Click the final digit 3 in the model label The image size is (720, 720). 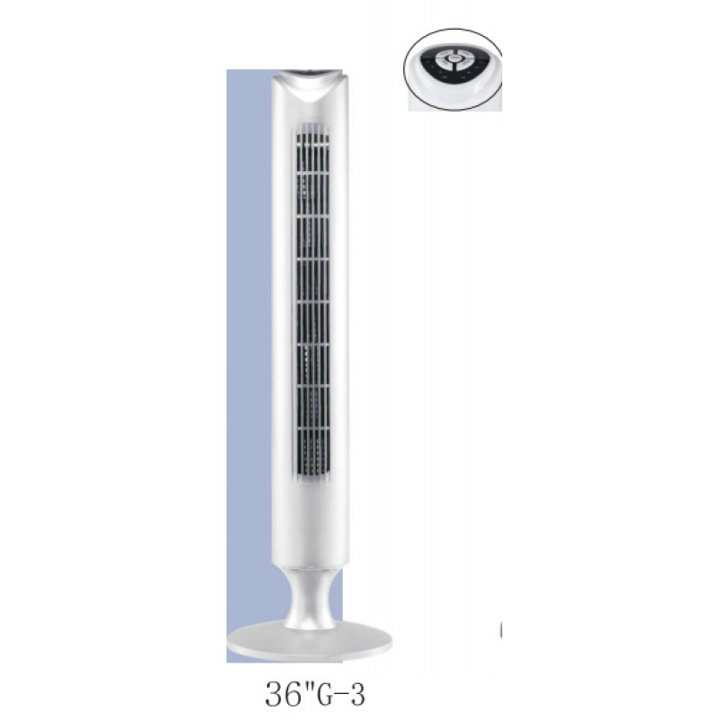tap(356, 695)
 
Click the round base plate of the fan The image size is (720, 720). tap(310, 641)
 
